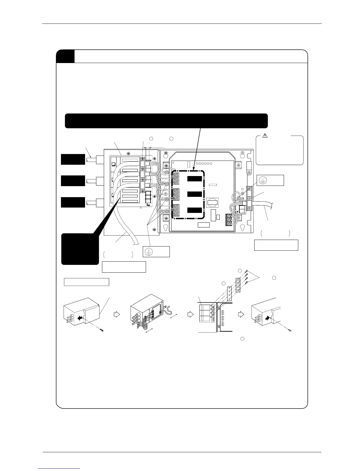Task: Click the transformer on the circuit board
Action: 212,203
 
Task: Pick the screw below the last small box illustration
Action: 290,331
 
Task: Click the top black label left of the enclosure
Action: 73,159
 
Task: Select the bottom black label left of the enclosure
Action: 73,202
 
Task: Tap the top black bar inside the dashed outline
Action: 195,179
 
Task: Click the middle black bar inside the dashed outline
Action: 195,194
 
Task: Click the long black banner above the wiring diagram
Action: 166,121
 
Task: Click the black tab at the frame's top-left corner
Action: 65,56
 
